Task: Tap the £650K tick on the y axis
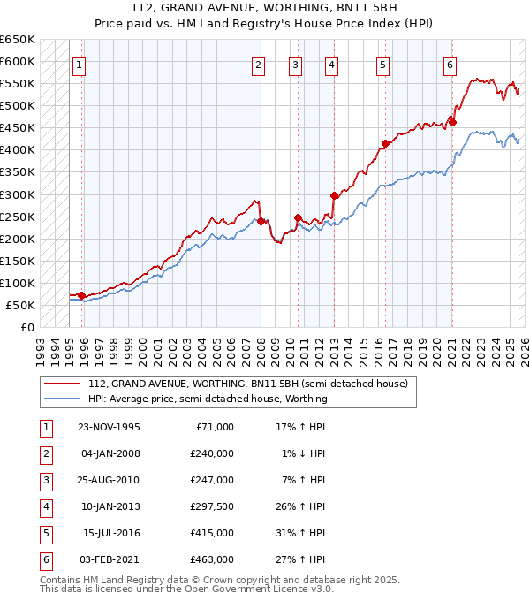coord(19,40)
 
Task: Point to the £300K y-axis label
coord(19,194)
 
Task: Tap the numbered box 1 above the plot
coord(79,64)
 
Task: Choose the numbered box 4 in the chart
coord(330,64)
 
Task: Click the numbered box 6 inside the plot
coord(450,64)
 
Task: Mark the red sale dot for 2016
coord(385,143)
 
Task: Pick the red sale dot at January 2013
coord(334,195)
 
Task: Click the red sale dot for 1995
coord(81,295)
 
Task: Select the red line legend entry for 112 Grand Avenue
coord(247,384)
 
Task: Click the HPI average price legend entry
coord(208,399)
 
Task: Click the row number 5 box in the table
coord(45,533)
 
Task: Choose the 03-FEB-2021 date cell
coord(109,559)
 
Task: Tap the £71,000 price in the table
coord(213,427)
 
